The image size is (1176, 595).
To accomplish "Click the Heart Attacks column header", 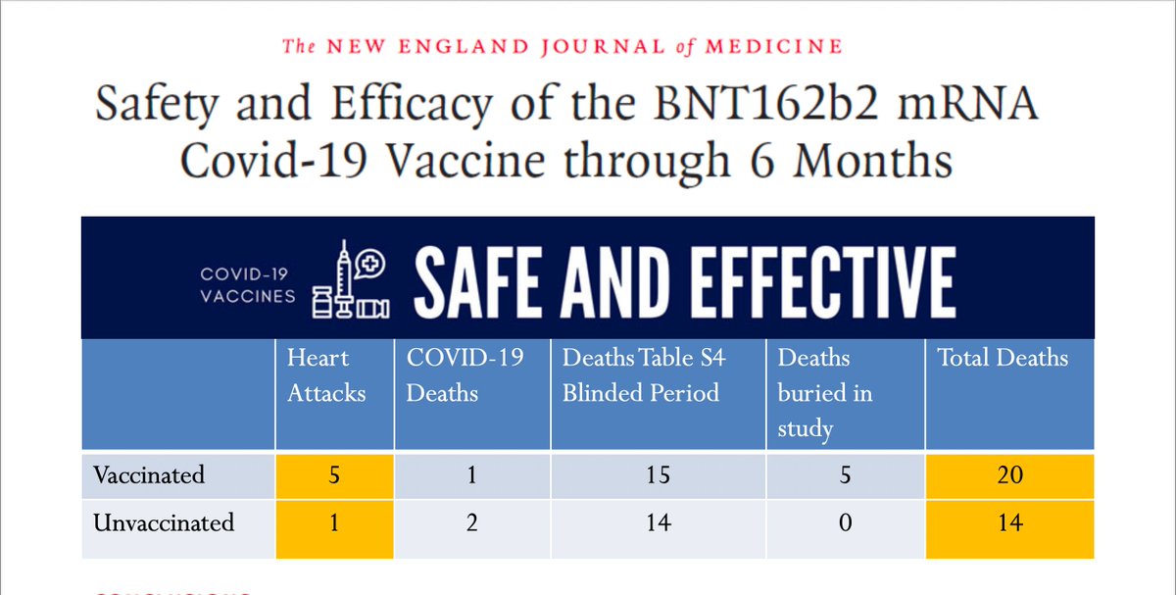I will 326,375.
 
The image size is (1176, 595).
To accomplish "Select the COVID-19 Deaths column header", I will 465,375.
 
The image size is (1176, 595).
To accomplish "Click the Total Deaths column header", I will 1003,359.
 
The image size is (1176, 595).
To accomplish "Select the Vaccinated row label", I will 149,475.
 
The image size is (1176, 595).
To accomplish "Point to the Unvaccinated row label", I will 164,522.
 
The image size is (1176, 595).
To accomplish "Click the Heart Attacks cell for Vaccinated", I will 335,475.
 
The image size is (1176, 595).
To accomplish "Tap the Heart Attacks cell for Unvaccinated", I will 335,522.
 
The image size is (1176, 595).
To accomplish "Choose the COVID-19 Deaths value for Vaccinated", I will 471,475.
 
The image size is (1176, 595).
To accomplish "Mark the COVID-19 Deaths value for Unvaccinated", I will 471,522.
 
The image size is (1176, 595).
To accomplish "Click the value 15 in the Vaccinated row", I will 658,475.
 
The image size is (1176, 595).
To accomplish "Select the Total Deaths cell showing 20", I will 1009,475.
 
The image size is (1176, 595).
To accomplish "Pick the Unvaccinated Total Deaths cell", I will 1009,522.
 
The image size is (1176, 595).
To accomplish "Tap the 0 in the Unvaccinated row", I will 845,522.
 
